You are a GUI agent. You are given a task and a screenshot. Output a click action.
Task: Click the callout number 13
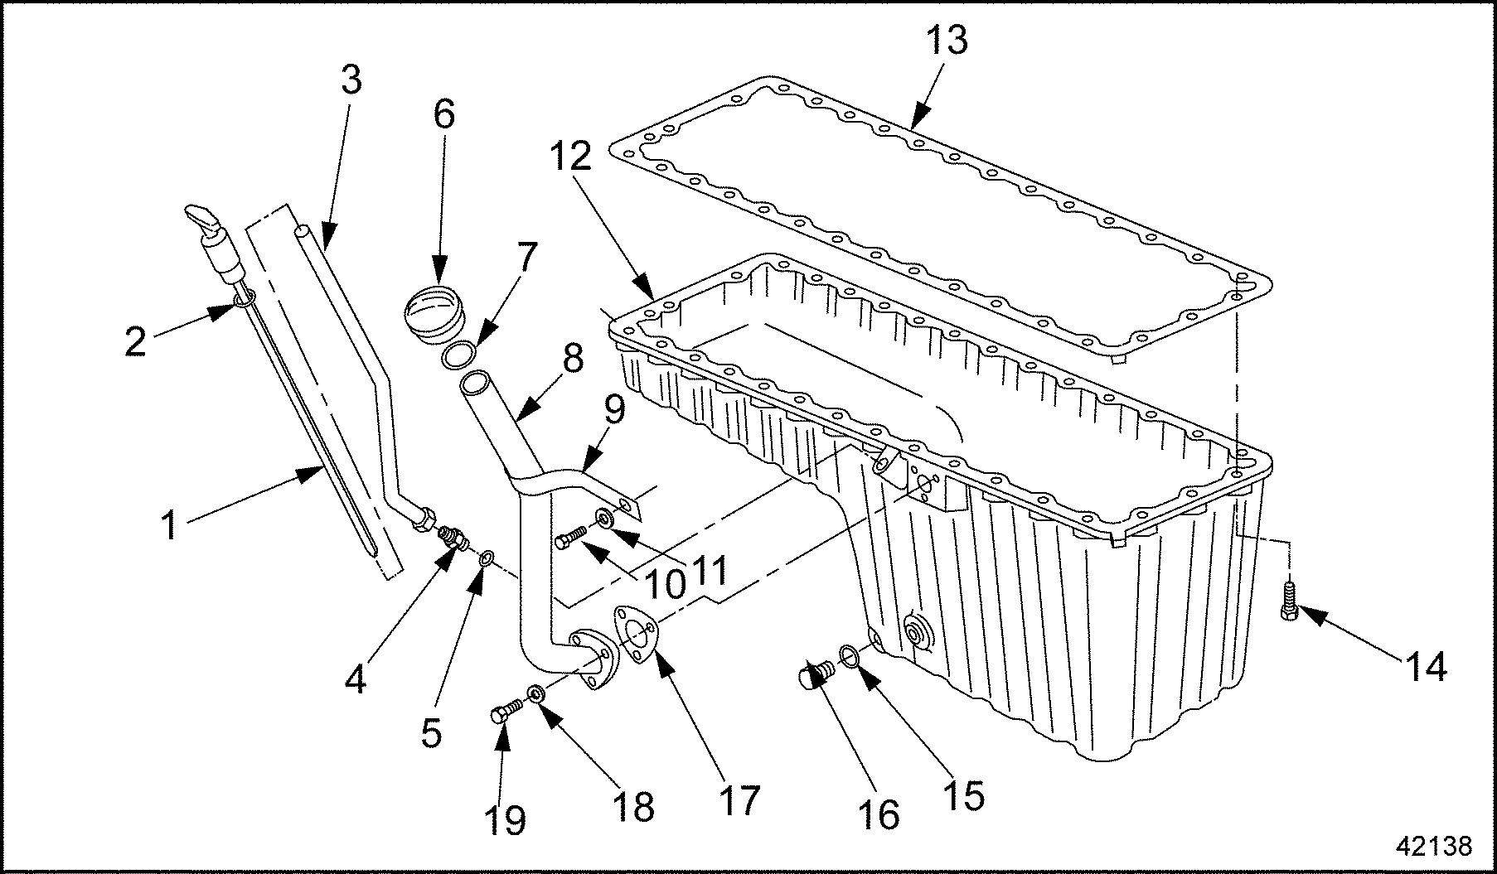pos(947,39)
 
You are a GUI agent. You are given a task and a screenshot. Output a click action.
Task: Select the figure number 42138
pos(1433,845)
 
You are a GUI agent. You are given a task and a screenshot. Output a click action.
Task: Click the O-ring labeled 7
pos(458,355)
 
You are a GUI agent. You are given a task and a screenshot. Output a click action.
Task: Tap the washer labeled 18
pos(536,692)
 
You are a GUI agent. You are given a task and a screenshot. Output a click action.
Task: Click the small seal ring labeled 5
pos(487,555)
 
